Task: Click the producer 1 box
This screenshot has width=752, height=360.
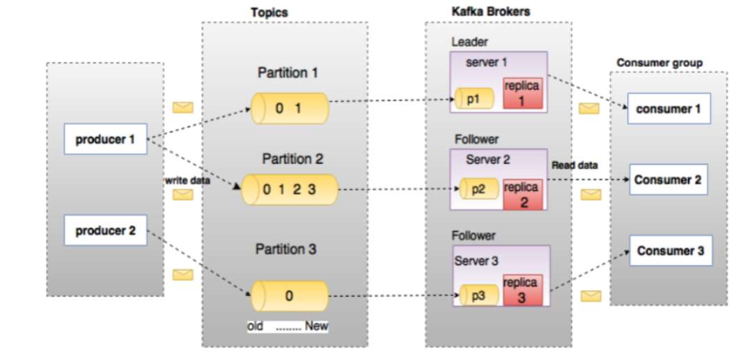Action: click(x=106, y=139)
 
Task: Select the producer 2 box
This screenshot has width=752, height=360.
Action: click(x=106, y=230)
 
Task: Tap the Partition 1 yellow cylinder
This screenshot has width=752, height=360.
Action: click(x=290, y=109)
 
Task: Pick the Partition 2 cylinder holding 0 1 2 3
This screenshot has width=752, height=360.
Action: click(x=290, y=190)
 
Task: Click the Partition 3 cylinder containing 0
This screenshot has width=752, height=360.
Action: click(x=290, y=296)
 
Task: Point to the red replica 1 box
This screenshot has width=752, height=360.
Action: click(x=523, y=93)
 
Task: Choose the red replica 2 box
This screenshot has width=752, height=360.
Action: click(x=523, y=194)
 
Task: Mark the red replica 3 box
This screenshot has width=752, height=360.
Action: click(x=523, y=290)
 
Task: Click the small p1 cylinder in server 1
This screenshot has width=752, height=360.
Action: click(x=474, y=99)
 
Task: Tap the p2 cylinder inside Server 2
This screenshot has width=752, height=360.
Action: click(x=478, y=189)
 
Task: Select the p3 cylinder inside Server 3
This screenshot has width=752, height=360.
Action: click(x=479, y=295)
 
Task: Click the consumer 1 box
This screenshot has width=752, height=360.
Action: click(x=669, y=109)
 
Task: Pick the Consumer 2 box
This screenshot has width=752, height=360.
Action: click(x=668, y=180)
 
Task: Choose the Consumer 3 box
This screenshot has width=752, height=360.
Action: click(x=671, y=250)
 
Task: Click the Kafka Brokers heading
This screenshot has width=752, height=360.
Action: click(x=491, y=12)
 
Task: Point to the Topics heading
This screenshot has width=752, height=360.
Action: click(x=269, y=13)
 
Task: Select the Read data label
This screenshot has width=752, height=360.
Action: click(x=574, y=166)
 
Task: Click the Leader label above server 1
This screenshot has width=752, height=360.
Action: click(x=469, y=42)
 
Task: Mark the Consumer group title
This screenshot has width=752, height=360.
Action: click(x=659, y=63)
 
